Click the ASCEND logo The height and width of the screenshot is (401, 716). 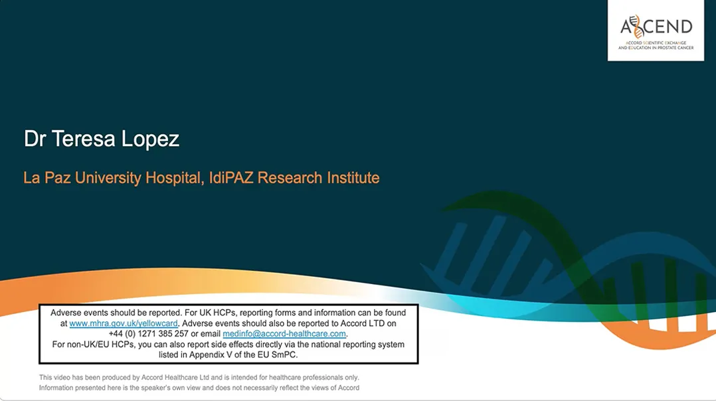(656, 31)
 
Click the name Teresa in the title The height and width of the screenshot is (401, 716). (83, 139)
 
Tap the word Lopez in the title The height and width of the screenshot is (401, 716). (150, 139)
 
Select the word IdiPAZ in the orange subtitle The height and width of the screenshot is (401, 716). (231, 177)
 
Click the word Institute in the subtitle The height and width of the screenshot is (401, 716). (353, 177)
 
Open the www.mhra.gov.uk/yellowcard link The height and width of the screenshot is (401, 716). (124, 323)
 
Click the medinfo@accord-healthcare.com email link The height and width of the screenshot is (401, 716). (284, 334)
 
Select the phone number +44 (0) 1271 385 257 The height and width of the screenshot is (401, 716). (148, 334)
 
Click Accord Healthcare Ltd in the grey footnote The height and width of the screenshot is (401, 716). (175, 378)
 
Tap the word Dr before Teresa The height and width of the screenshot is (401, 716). (35, 139)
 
